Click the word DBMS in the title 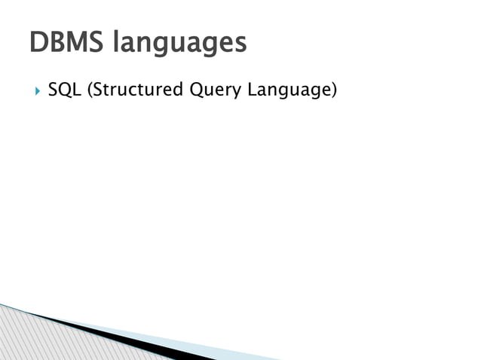click(66, 42)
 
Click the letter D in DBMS click(38, 42)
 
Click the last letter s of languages click(240, 44)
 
